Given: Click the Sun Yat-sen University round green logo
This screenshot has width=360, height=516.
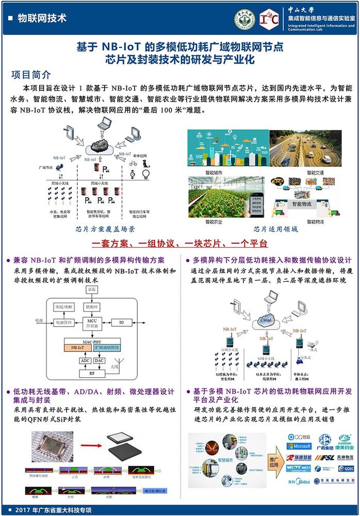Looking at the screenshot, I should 243,18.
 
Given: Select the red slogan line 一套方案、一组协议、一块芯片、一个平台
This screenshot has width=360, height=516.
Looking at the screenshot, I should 179,243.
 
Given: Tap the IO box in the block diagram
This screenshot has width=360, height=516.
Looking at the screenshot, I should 122,322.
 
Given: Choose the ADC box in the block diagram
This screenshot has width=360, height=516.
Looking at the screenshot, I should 84,360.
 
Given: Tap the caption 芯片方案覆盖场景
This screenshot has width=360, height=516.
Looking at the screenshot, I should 105,229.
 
